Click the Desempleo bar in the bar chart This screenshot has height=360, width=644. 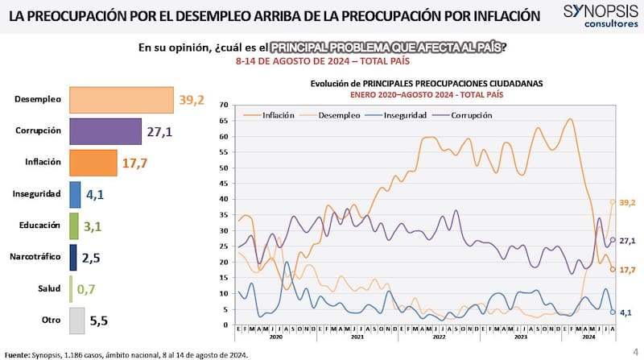coord(122,100)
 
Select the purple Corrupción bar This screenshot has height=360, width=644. coord(105,131)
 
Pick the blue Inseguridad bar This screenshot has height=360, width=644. coord(75,194)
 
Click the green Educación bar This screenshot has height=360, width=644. coord(74,226)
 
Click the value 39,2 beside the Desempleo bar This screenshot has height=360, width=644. coord(191,100)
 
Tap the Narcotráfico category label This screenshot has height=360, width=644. coord(38,257)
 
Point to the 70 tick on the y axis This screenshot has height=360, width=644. coord(224,105)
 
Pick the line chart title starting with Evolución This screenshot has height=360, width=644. coord(427,83)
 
